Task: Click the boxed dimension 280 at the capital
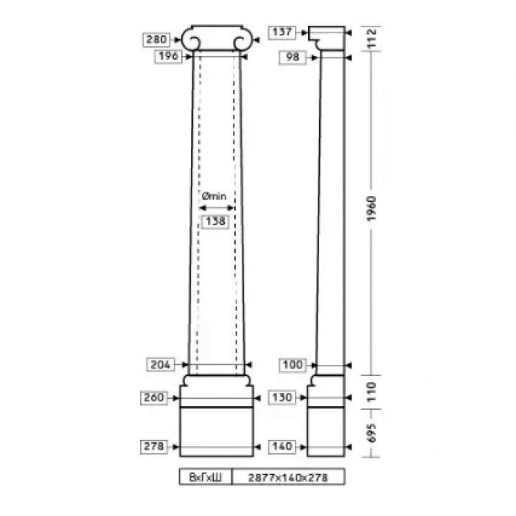pos(156,40)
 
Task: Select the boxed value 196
pos(169,56)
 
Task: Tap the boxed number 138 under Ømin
pos(215,221)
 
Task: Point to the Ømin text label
pos(215,196)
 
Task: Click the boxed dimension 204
pos(160,365)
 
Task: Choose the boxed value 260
pos(154,397)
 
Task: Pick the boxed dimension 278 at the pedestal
pos(154,447)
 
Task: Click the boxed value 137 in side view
pos(282,32)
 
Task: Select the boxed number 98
pos(293,57)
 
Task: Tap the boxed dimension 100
pos(293,365)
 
